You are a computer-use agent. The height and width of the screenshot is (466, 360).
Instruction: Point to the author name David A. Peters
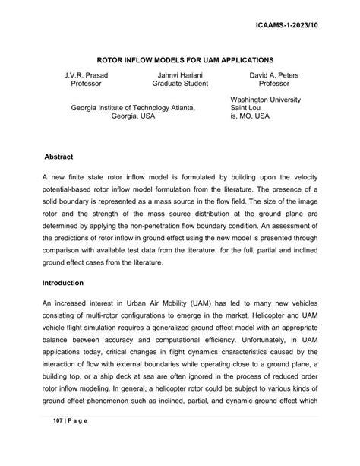click(273, 74)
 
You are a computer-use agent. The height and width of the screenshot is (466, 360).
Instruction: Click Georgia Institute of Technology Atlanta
click(133, 109)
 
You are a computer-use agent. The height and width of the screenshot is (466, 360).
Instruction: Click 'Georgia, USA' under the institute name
click(134, 118)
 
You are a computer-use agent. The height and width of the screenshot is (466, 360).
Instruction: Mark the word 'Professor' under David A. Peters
click(273, 84)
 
